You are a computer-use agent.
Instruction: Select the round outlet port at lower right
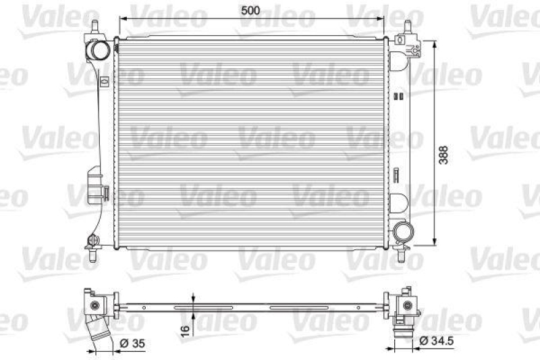click(x=405, y=232)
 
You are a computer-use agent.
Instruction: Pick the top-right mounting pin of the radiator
click(x=408, y=28)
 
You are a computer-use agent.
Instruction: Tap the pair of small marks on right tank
click(x=399, y=96)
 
